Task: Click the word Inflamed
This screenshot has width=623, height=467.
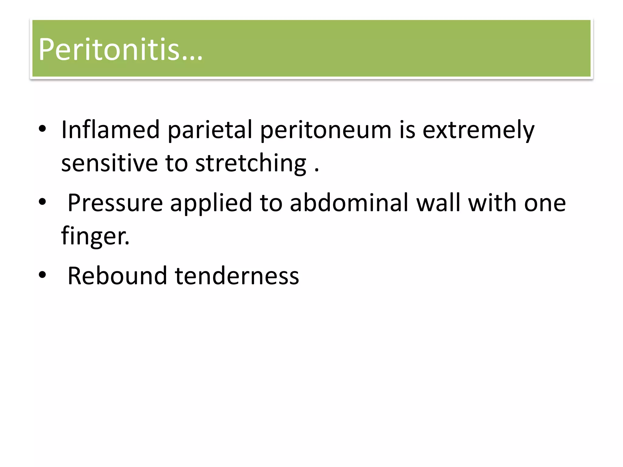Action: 110,130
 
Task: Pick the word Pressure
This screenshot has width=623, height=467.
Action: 115,203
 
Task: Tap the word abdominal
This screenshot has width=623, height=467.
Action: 349,203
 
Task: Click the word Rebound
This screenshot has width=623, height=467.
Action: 117,276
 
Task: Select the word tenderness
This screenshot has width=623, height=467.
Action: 237,276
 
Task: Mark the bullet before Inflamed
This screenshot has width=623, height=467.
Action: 42,130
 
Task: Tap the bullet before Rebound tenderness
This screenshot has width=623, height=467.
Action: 42,275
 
